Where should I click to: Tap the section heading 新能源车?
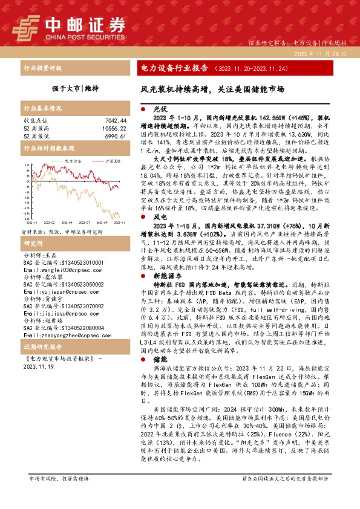[165, 258]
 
